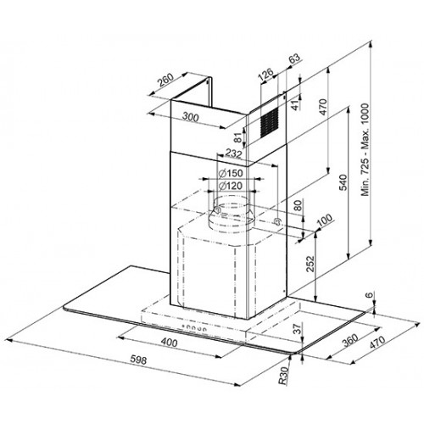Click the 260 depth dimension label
coord(166,83)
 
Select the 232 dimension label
coord(233,155)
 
